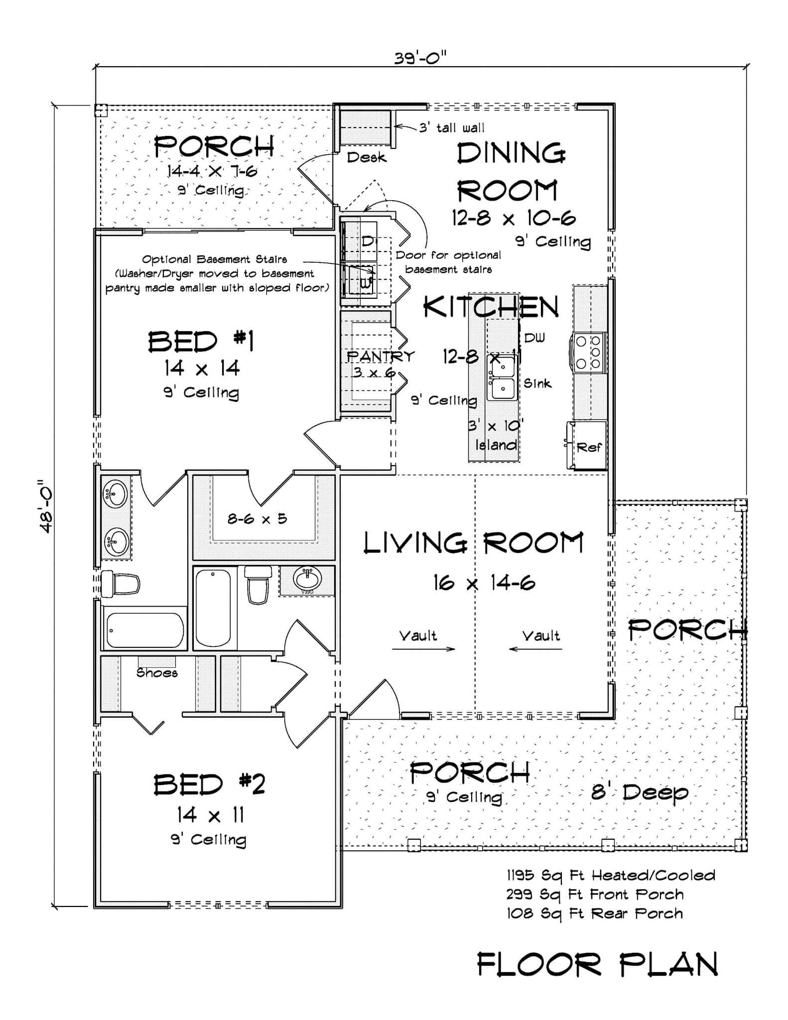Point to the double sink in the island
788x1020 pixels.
pos(501,378)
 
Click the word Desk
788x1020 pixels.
pos(366,157)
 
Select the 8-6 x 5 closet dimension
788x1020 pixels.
pos(257,519)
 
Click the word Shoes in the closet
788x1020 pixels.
pos(157,673)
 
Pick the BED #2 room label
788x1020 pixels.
pos(209,785)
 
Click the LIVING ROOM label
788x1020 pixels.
pos(473,543)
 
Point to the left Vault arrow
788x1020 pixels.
pos(423,648)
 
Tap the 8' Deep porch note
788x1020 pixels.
pos(640,792)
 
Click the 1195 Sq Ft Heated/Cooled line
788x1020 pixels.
pos(611,876)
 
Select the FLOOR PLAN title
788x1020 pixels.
pos(597,964)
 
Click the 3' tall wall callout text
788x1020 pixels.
pos(451,128)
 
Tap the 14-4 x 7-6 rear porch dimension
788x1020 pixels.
pos(212,171)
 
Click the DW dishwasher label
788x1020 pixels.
pos(534,338)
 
